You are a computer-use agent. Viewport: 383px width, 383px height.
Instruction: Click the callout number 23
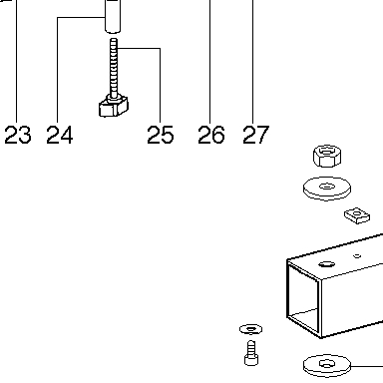(18, 135)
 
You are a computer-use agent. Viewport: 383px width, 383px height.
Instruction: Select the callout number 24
(60, 135)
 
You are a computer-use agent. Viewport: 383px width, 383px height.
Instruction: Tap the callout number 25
(161, 135)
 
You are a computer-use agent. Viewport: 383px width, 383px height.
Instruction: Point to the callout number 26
(211, 135)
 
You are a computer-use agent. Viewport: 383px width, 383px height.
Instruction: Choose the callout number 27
(255, 135)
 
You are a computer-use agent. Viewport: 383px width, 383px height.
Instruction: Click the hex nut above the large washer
(327, 156)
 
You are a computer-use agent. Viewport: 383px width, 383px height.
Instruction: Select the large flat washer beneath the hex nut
(327, 189)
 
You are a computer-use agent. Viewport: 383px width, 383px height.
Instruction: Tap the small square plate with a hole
(357, 215)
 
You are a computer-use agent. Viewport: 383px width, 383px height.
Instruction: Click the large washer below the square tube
(327, 366)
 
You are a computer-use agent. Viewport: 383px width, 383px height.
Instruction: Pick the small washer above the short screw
(250, 329)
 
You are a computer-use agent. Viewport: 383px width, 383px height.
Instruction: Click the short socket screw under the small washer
(251, 353)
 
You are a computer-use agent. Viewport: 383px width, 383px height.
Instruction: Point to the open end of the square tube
(303, 298)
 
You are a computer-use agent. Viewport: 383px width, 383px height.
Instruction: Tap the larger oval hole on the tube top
(327, 264)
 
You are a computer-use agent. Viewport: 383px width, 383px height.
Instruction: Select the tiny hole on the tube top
(357, 256)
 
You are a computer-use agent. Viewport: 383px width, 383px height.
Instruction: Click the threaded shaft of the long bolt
(114, 68)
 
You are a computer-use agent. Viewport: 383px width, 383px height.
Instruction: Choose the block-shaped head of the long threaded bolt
(114, 107)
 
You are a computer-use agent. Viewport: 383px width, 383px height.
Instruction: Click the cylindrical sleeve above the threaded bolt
(113, 16)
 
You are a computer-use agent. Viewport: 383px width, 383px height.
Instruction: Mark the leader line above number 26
(209, 62)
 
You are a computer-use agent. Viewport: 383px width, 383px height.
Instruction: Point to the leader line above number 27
(252, 62)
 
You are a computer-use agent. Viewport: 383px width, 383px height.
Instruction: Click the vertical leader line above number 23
(16, 62)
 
